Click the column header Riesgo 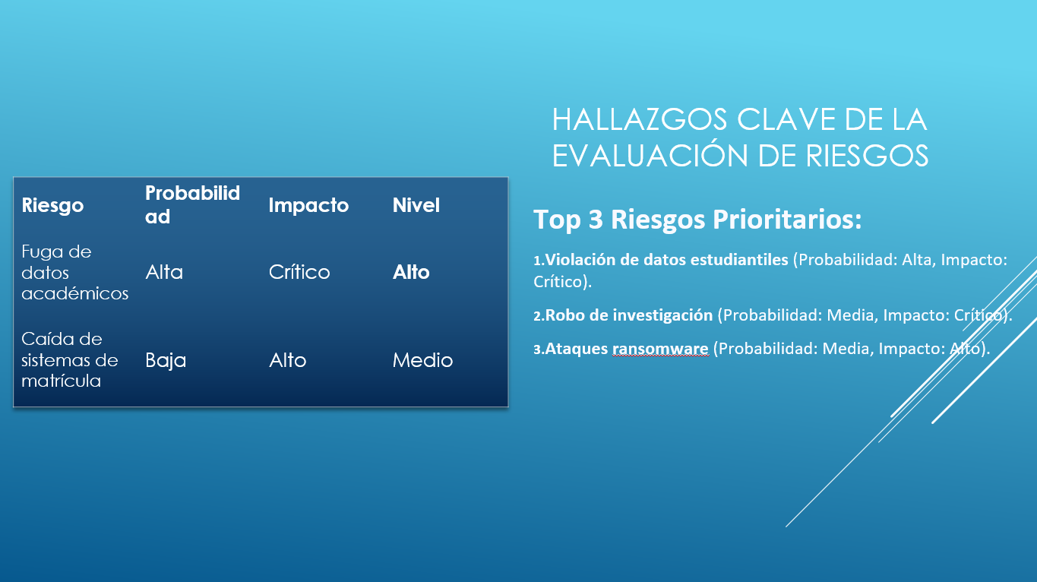tap(52, 206)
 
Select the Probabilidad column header tap(192, 204)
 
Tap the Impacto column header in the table tap(308, 205)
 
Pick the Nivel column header tap(416, 205)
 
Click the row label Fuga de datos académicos tap(74, 272)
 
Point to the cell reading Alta tap(164, 272)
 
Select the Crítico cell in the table tap(299, 272)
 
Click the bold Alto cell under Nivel tap(411, 272)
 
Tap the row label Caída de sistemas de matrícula tap(69, 359)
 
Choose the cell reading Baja tap(166, 361)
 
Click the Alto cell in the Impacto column tap(287, 360)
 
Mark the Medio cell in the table tap(422, 360)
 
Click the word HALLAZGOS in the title tap(640, 119)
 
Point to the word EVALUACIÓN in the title tap(650, 156)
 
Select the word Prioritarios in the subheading tap(787, 219)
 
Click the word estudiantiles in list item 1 tap(739, 260)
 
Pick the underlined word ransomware tap(660, 349)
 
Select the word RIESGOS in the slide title tap(867, 156)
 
